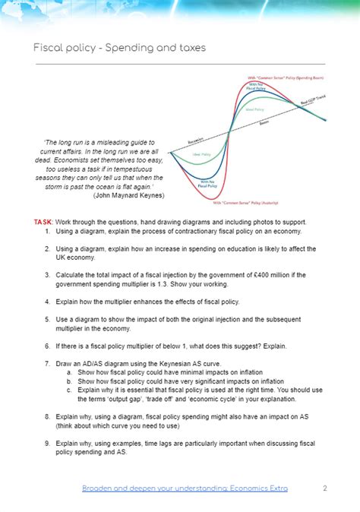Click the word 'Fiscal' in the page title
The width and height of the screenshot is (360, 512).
(x=49, y=48)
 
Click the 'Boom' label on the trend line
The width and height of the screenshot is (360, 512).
(x=264, y=123)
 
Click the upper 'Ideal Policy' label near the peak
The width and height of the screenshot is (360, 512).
(x=254, y=109)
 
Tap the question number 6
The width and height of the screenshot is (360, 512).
(x=47, y=346)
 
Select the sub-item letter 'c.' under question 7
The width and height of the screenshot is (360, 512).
(x=69, y=390)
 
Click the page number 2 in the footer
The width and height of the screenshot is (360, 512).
(x=324, y=488)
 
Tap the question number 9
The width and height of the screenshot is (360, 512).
(x=47, y=443)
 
